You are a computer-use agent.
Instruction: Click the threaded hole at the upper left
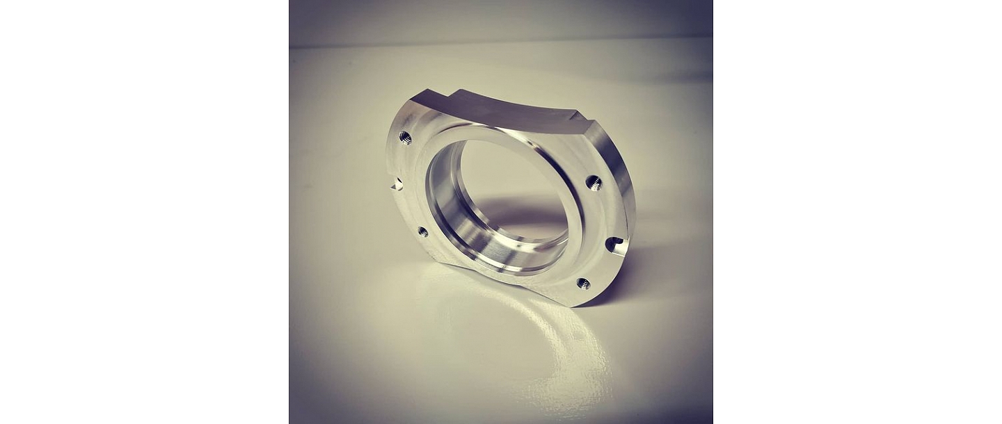405,138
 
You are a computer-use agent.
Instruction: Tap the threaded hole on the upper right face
594,183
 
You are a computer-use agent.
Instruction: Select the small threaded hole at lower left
422,232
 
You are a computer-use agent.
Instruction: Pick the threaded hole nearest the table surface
583,283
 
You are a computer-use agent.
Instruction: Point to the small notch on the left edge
397,184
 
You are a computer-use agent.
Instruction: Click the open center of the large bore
511,188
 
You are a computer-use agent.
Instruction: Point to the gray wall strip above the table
501,21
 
